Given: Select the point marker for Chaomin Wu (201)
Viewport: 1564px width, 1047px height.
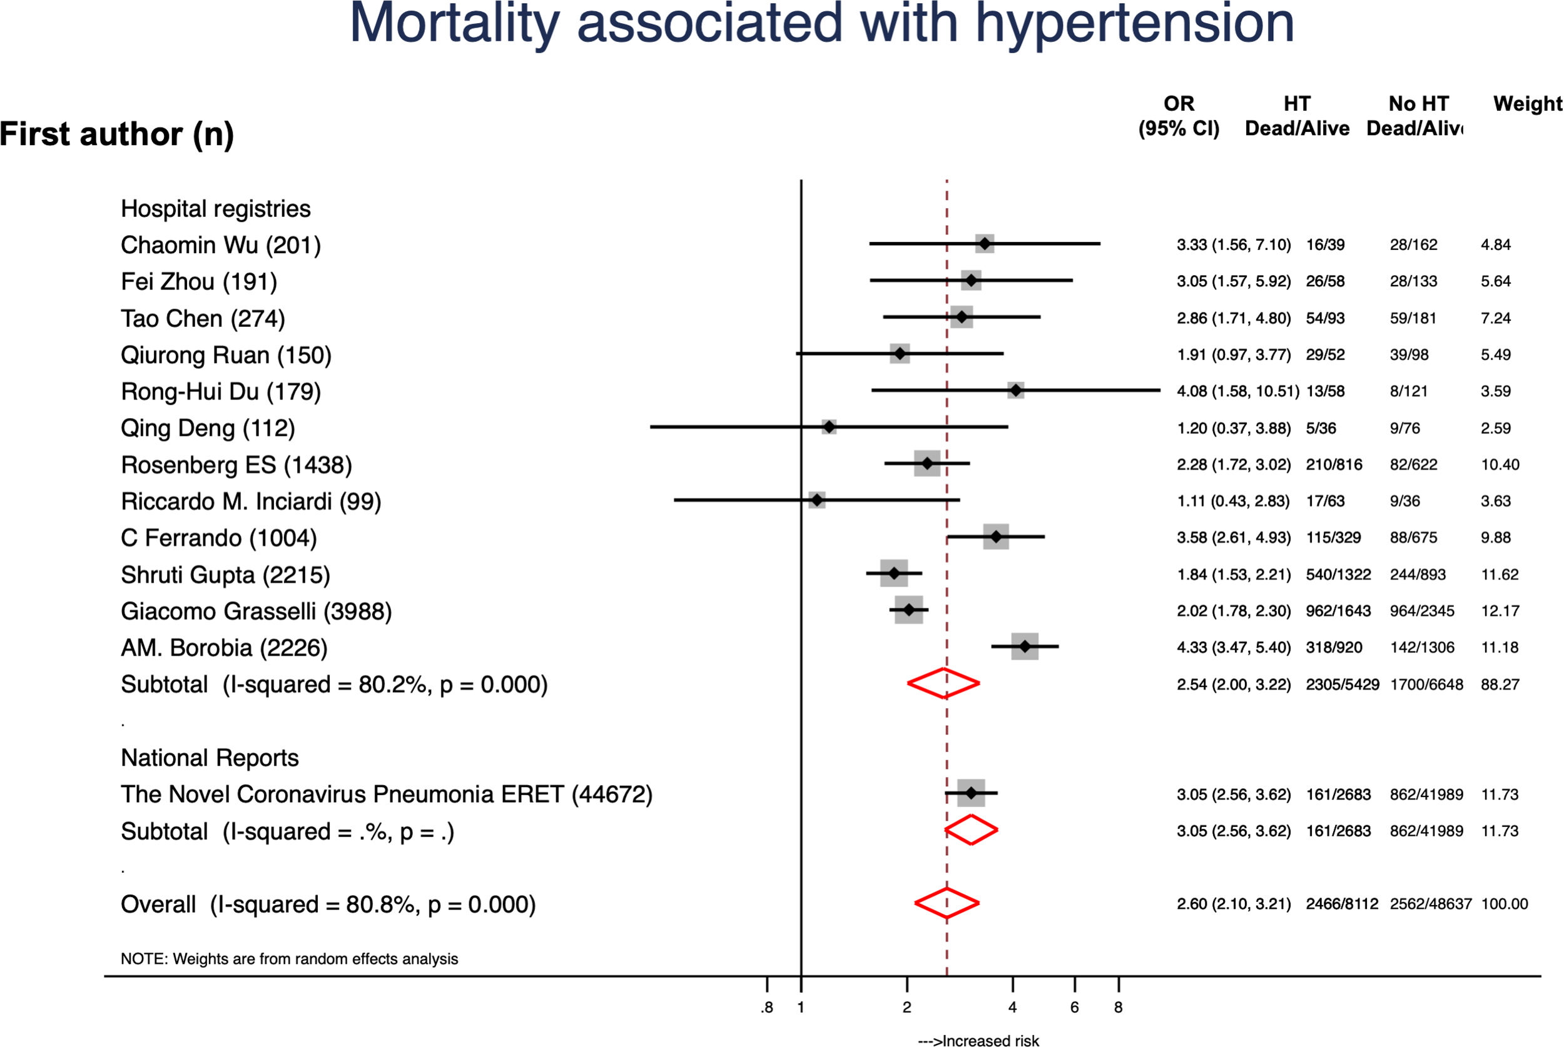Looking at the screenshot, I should [x=984, y=244].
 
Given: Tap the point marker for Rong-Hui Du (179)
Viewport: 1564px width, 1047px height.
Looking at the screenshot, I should [x=1015, y=391].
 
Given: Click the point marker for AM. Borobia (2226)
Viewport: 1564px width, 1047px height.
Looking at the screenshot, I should [x=1025, y=646].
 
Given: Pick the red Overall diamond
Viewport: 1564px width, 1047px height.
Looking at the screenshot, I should [x=947, y=903].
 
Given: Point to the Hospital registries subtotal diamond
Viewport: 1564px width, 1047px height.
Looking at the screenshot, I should [x=943, y=683].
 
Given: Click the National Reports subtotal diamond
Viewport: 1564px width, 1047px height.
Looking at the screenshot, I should [x=971, y=830].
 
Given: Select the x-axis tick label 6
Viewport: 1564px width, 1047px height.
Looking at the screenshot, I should [x=1074, y=1007].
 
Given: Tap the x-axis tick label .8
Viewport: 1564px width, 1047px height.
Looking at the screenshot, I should [x=766, y=1007].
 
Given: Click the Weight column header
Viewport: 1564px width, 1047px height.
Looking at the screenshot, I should [x=1527, y=104].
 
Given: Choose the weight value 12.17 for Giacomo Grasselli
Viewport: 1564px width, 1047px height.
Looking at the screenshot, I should [x=1500, y=611].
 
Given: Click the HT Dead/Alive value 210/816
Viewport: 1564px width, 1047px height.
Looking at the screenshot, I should [x=1334, y=464].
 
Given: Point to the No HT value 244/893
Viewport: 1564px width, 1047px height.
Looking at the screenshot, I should [x=1418, y=574].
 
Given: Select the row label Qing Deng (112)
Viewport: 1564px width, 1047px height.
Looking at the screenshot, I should [x=208, y=428].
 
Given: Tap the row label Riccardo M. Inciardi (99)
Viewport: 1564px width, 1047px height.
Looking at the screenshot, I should [x=250, y=501].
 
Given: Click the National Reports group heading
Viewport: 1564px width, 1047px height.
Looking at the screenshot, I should [x=210, y=758].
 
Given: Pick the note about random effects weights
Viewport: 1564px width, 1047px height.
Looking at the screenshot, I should [x=289, y=959].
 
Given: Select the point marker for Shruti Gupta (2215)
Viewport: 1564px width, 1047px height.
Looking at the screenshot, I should [x=894, y=574].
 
